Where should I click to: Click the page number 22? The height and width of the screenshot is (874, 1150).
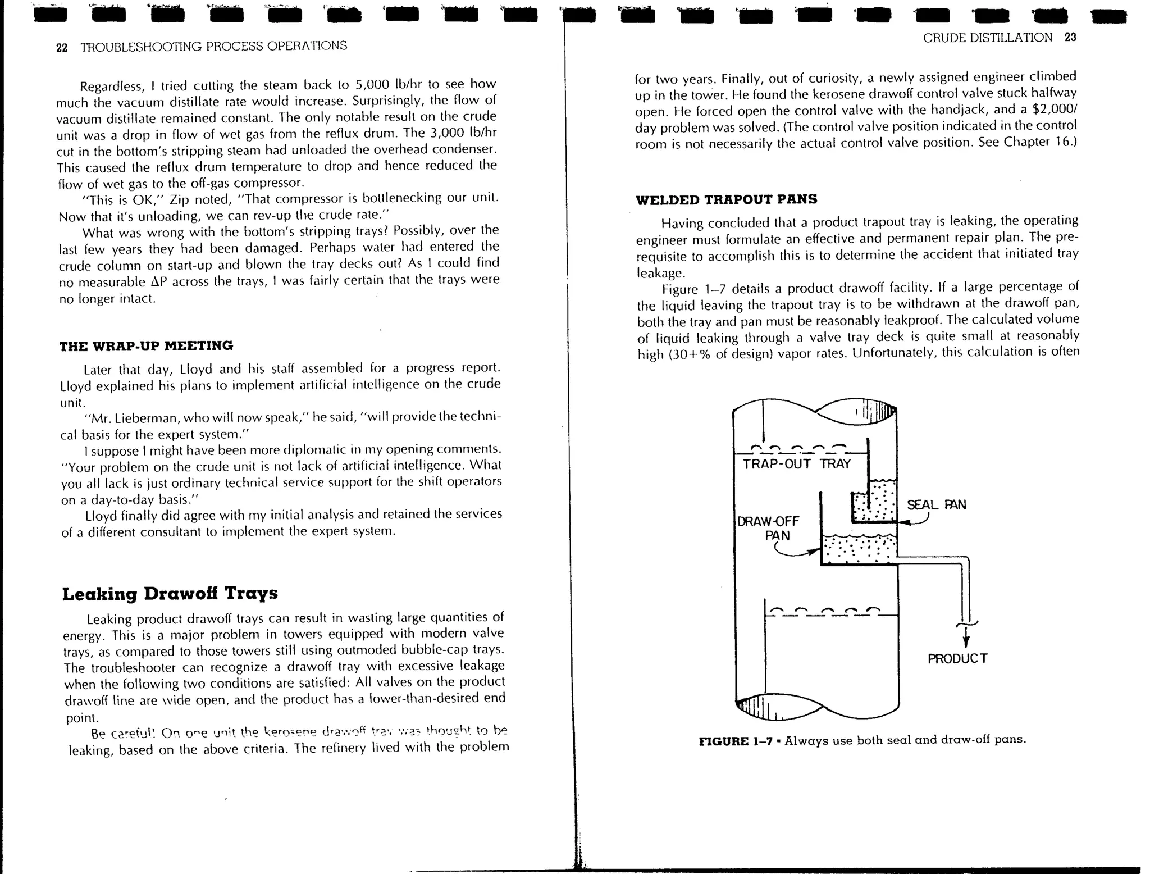(62, 48)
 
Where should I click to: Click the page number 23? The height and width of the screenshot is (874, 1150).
(1070, 37)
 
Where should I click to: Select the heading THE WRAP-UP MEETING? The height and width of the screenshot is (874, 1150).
(146, 345)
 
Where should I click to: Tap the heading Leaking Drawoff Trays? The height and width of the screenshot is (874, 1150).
(170, 593)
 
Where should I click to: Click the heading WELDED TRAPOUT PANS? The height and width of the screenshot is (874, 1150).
(726, 199)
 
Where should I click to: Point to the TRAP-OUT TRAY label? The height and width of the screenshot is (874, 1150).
(796, 464)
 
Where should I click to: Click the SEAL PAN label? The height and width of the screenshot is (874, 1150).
(936, 504)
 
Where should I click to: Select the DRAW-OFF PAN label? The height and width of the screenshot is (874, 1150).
(769, 528)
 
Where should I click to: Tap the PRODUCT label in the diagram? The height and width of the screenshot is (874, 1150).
(957, 658)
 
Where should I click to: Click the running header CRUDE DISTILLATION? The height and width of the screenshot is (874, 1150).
(987, 38)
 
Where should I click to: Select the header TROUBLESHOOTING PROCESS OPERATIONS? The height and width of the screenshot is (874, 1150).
(213, 47)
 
